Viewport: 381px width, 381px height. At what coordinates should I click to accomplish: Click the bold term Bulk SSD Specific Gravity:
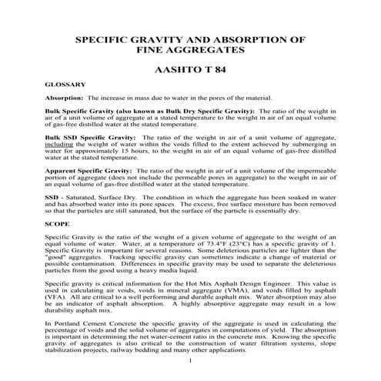[82, 135]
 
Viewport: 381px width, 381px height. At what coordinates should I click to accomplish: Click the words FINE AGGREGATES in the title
[190, 48]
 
